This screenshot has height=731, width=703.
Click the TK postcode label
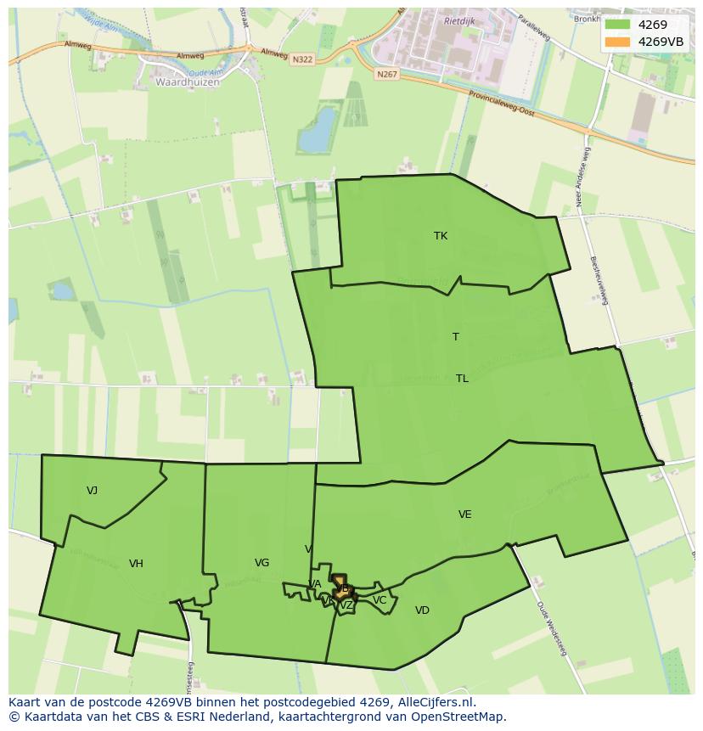click(x=440, y=236)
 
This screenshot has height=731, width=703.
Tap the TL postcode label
click(x=462, y=379)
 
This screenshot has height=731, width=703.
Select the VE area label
click(x=464, y=515)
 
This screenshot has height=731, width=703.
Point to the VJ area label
click(x=92, y=491)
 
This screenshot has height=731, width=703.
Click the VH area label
click(x=136, y=564)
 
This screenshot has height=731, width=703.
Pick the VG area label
click(x=262, y=563)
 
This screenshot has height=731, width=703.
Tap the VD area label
click(x=422, y=610)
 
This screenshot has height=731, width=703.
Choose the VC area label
click(x=380, y=600)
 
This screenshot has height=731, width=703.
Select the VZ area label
click(x=346, y=605)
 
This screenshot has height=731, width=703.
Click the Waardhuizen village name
click(x=188, y=82)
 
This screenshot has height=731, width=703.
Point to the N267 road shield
click(x=386, y=75)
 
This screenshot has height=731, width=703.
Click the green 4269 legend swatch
click(x=617, y=25)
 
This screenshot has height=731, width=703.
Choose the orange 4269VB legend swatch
click(x=617, y=42)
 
